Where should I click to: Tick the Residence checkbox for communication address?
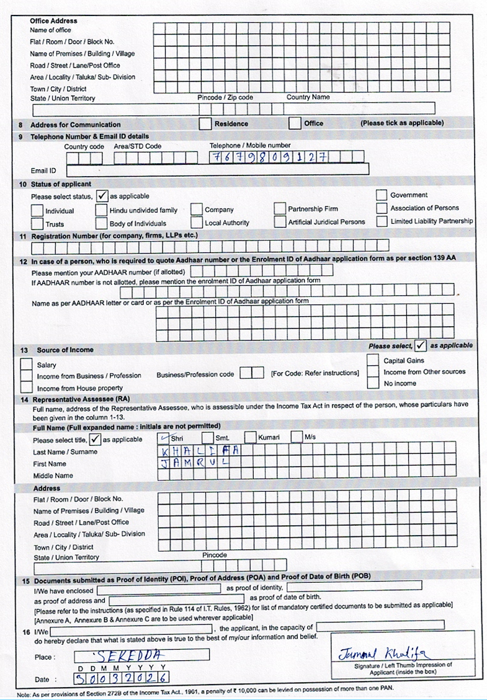[205, 123]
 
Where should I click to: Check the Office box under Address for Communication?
[295, 123]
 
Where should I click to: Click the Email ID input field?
[217, 169]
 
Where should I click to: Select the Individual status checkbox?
[37, 211]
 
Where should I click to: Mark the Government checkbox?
[381, 195]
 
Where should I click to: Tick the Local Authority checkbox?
[196, 222]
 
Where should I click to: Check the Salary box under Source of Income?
[27, 364]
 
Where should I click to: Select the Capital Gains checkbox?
[372, 360]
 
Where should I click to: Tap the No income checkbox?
[372, 383]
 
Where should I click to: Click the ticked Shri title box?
[163, 438]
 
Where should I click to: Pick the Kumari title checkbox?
[250, 438]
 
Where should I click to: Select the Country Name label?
[308, 97]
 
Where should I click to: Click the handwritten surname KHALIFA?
[195, 451]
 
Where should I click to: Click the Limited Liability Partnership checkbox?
[381, 221]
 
